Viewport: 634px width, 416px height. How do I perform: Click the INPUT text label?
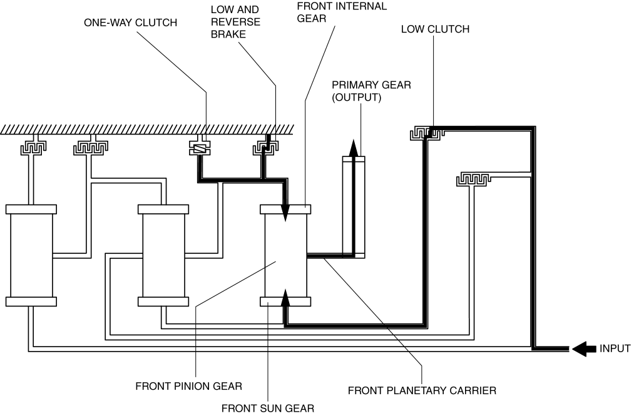[x=615, y=349]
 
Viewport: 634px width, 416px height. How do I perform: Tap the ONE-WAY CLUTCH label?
[x=131, y=23]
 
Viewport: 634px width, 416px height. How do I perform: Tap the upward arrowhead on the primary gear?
[x=354, y=148]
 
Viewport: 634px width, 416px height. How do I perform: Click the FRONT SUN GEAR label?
[x=267, y=408]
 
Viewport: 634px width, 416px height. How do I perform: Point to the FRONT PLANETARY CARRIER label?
[x=422, y=391]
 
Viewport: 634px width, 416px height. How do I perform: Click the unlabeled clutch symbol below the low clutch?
[x=474, y=179]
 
